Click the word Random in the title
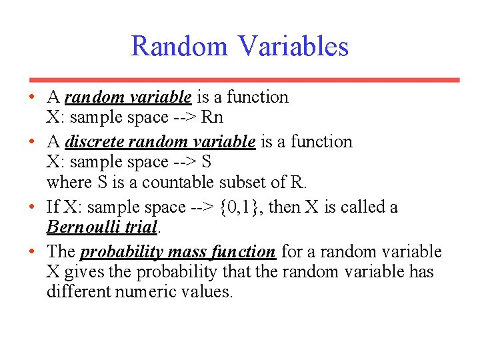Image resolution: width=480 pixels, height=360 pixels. click(x=179, y=47)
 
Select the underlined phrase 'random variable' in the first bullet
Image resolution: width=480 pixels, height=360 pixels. click(x=128, y=97)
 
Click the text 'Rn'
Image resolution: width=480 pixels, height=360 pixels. click(x=212, y=117)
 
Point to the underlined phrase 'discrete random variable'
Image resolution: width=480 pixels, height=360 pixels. click(x=160, y=142)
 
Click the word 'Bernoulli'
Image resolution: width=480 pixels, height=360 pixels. click(x=83, y=227)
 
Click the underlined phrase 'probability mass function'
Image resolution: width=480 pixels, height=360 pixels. click(x=177, y=252)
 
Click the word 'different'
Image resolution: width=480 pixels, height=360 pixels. click(x=71, y=292)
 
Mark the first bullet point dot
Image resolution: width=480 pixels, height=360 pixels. click(x=32, y=97)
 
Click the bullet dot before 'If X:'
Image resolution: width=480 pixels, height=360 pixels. click(x=32, y=207)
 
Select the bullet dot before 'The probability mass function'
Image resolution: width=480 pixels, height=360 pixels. click(x=32, y=252)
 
